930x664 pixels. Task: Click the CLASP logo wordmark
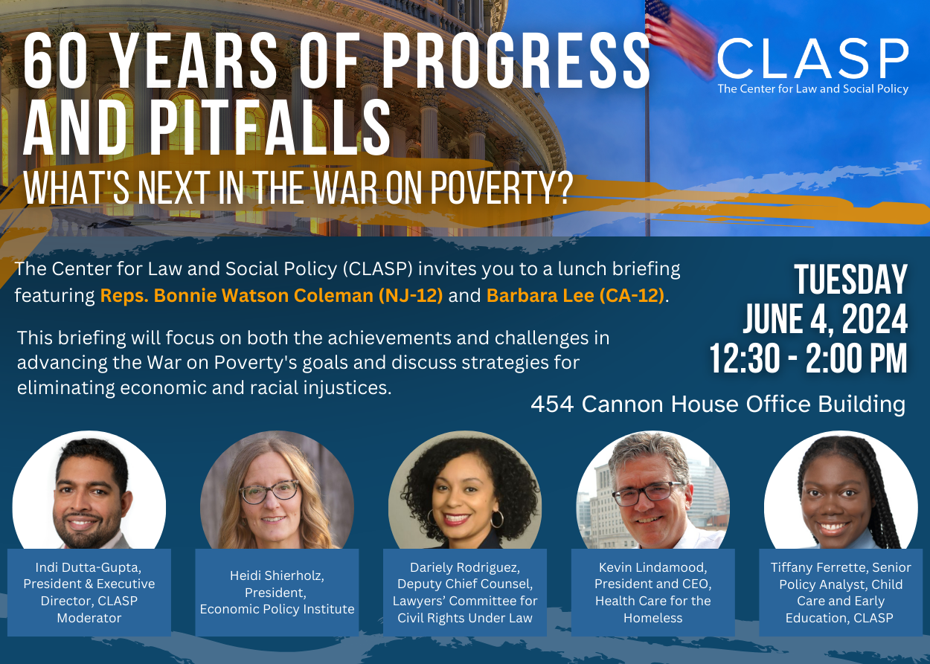(813, 59)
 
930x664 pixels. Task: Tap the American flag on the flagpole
(679, 37)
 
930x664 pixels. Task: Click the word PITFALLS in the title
(270, 128)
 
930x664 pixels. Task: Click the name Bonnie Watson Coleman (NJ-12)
(298, 295)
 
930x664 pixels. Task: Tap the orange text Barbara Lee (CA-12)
(575, 295)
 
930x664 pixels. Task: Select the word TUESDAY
(850, 280)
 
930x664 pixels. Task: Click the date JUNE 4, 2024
(825, 319)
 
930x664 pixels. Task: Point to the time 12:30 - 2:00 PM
(808, 358)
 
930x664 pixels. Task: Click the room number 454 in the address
(552, 404)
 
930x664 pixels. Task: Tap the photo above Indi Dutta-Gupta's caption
(89, 490)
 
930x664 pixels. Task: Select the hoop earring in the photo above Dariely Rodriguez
(497, 519)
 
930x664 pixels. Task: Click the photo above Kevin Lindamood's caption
(652, 490)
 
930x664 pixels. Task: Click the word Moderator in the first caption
(89, 618)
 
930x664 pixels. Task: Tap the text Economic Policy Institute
(277, 609)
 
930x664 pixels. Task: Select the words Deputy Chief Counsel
(465, 584)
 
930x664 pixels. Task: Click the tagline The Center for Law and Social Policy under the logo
(813, 88)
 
